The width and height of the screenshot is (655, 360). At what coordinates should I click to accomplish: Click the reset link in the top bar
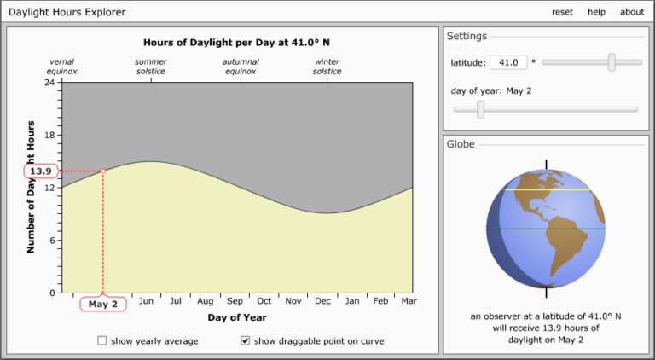tap(562, 12)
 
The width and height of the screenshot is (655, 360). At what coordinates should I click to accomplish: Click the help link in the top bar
tap(596, 12)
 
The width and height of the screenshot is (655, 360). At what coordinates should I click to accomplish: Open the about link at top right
tap(632, 12)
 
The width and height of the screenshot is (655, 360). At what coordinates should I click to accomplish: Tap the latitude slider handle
tap(612, 61)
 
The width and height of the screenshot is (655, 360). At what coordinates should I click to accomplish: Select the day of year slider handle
tap(481, 108)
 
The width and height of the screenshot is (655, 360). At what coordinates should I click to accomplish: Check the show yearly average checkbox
tap(102, 340)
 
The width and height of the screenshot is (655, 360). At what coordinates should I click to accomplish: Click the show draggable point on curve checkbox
tap(246, 340)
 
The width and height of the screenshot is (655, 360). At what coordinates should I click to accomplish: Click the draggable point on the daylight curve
tap(103, 171)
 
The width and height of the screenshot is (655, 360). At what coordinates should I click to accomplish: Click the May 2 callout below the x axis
tap(102, 304)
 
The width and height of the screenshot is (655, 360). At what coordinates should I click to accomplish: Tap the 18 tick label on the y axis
tap(48, 135)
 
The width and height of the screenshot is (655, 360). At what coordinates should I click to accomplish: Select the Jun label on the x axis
tap(146, 301)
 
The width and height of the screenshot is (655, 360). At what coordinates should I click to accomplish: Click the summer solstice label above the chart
tap(151, 67)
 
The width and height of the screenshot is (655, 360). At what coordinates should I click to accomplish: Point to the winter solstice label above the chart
tap(327, 67)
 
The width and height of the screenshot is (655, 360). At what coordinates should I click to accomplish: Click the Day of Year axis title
tap(237, 317)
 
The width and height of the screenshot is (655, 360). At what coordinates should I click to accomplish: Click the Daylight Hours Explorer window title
tap(66, 12)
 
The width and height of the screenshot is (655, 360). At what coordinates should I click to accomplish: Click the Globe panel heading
tap(461, 144)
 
